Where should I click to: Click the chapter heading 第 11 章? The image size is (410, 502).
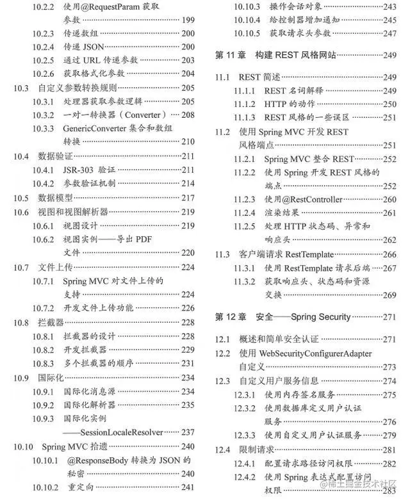coord(232,55)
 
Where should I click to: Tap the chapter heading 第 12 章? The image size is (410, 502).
coord(232,317)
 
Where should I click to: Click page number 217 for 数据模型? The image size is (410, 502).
coord(187,198)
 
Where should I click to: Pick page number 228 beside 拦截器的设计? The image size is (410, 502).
coord(187,336)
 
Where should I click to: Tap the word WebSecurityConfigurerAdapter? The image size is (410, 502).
coord(315,353)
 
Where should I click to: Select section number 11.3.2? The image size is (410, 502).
coord(244,282)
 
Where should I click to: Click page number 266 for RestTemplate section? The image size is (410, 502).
coord(389,254)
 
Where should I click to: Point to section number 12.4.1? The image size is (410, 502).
coord(244,464)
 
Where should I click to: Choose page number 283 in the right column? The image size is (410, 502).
coord(389,490)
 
